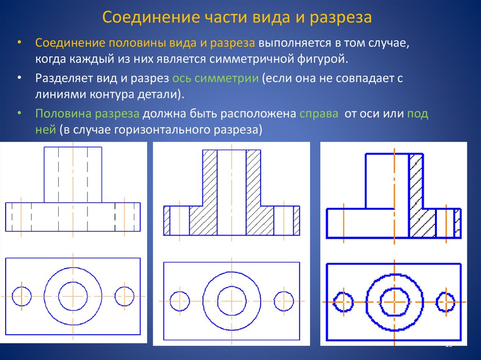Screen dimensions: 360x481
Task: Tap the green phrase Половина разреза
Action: point(88,114)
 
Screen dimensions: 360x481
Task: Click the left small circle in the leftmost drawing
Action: point(22,296)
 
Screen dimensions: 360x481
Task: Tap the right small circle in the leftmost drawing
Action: point(124,296)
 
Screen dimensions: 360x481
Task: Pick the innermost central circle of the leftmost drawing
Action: point(73,296)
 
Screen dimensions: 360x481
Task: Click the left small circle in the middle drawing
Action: point(179,301)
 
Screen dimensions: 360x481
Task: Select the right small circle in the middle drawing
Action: point(284,301)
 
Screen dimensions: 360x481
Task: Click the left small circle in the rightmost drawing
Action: point(343,302)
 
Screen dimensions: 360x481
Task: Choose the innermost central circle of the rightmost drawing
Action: point(394,302)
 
